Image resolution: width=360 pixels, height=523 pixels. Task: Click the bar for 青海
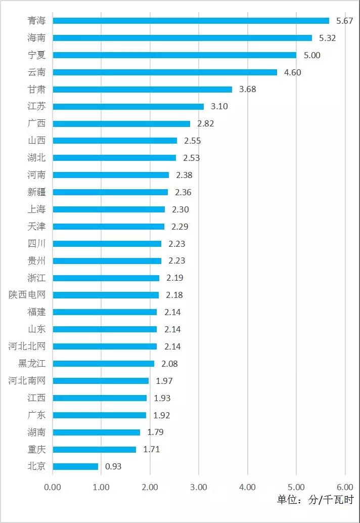coord(191,21)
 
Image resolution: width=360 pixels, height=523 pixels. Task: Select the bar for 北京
coord(75,466)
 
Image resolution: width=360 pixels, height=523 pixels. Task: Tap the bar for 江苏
coord(128,106)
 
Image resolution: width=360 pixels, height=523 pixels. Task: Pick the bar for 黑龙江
coord(103,364)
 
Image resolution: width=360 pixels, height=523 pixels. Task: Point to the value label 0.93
coord(113,466)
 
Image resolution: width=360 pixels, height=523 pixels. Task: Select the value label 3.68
coord(248,90)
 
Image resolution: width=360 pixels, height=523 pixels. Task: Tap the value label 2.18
coord(174,295)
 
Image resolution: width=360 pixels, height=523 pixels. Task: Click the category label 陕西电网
coord(27,295)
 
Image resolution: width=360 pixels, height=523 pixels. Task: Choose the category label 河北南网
coord(27,381)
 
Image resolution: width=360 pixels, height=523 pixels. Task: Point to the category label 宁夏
coord(36,55)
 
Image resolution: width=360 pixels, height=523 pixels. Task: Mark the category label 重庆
coord(36,449)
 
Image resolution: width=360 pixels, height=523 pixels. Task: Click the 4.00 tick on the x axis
coord(247,487)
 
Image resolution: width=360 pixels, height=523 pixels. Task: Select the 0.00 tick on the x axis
coord(53,487)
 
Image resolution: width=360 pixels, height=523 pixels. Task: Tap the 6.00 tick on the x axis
coord(345,487)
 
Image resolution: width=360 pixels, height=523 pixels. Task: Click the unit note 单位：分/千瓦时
coord(315,499)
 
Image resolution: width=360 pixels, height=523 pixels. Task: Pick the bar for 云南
coord(165,72)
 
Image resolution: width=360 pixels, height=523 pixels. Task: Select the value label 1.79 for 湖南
coord(155,432)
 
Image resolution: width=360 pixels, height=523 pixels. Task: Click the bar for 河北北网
coord(105,346)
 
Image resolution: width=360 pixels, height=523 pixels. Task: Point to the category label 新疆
coord(36,192)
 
